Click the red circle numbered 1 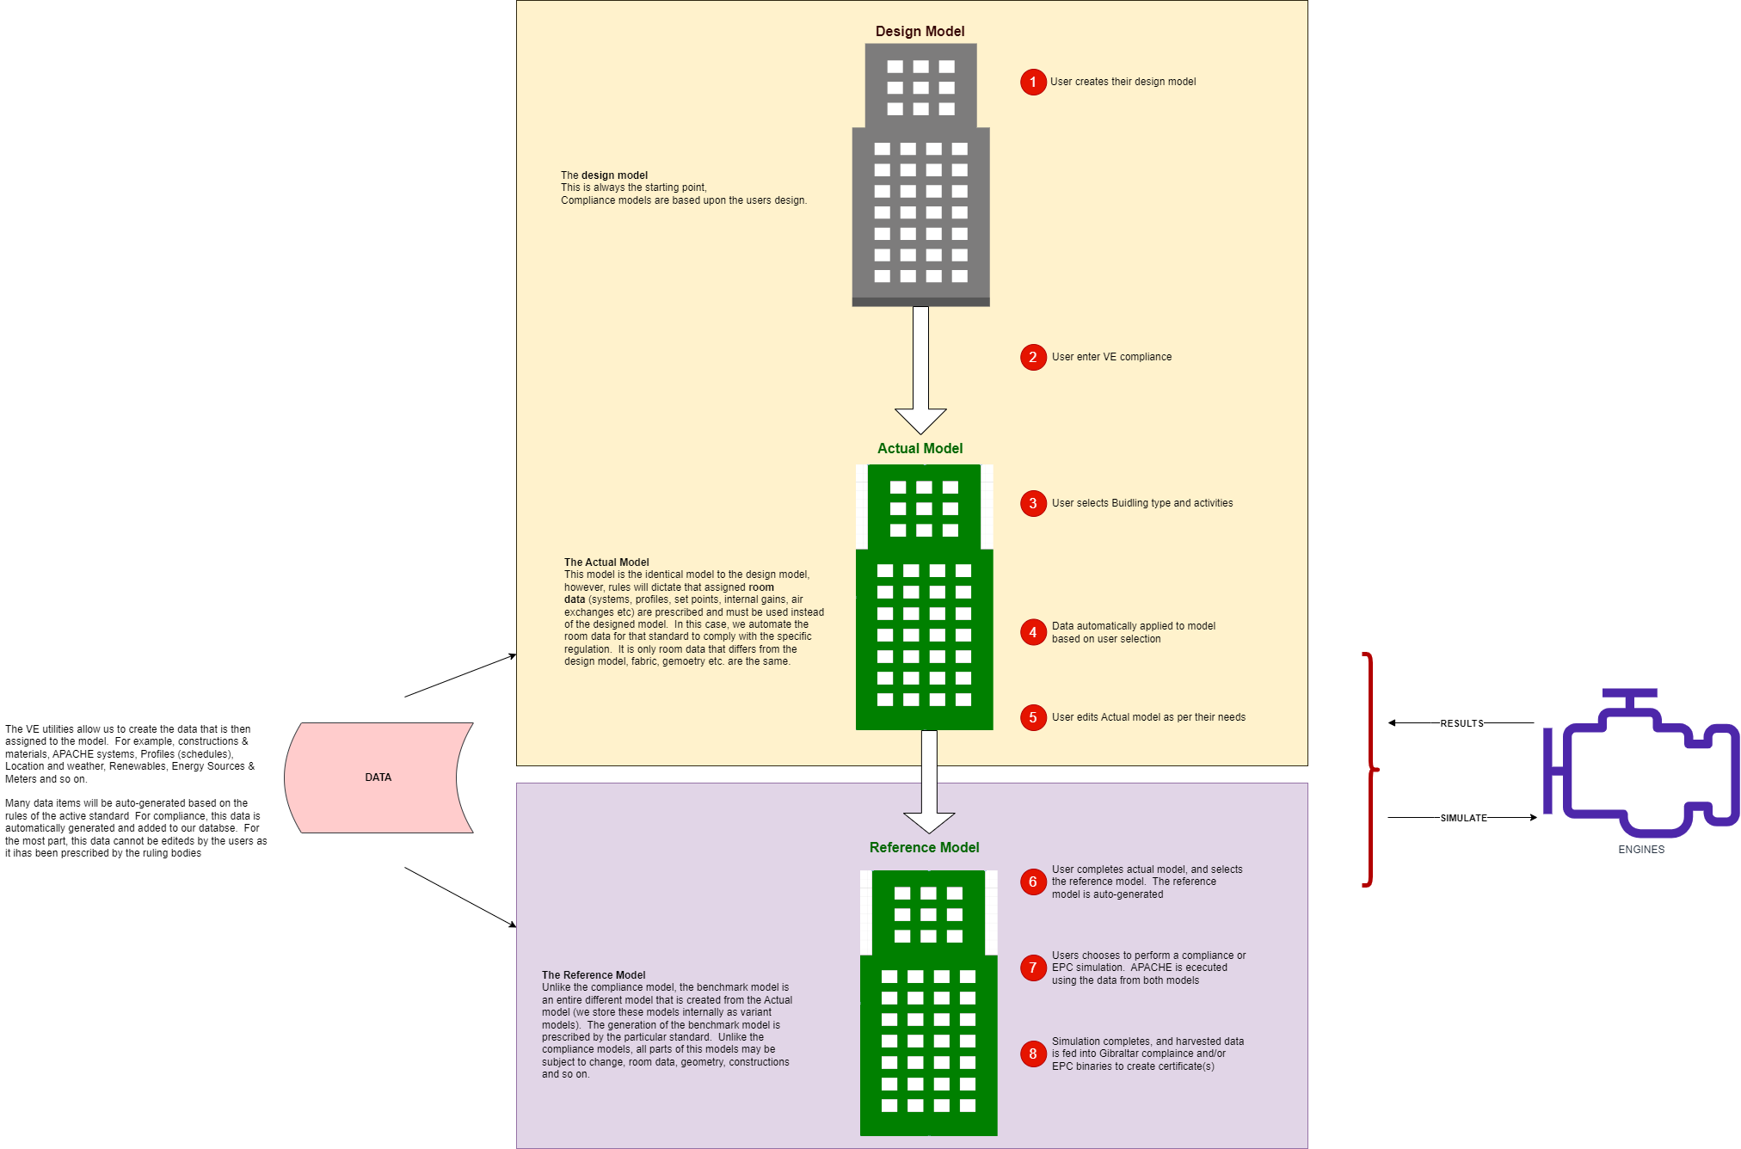[1033, 82]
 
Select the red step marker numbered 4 [1033, 632]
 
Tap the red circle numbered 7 [1033, 968]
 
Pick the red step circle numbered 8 [1033, 1054]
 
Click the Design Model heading [920, 31]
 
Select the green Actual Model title [920, 448]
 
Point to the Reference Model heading [924, 847]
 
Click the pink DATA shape [378, 777]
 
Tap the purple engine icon [1641, 765]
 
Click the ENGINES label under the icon [1641, 850]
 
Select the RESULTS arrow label [1461, 723]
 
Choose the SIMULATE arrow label [1463, 818]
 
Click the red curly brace [1370, 770]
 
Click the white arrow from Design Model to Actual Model [920, 370]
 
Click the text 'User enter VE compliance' [1111, 357]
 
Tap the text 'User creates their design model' [1123, 82]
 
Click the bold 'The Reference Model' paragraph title [594, 975]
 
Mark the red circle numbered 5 [1033, 717]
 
